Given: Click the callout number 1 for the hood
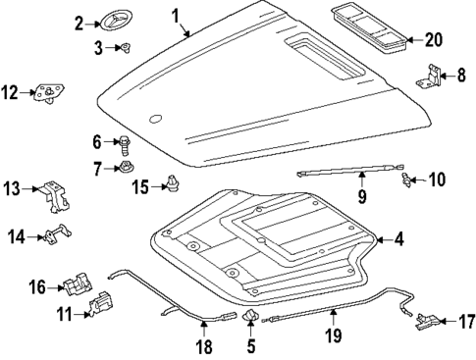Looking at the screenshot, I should click(176, 16).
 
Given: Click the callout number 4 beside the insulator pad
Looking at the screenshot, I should click(397, 238).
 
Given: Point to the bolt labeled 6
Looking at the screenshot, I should click(126, 144).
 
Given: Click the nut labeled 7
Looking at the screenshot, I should click(128, 169).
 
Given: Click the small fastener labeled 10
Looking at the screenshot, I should click(405, 180).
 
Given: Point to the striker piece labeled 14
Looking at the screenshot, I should click(60, 235).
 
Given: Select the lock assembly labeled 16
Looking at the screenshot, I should click(76, 286).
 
